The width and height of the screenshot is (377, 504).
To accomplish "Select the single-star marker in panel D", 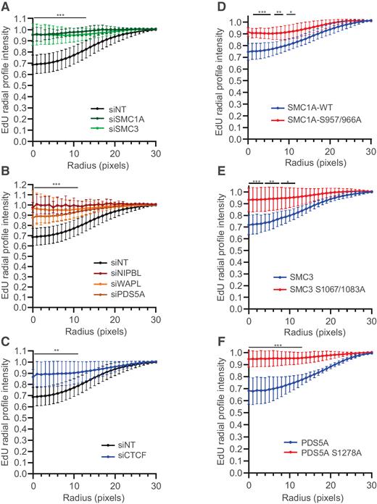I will pyautogui.click(x=291, y=11).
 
